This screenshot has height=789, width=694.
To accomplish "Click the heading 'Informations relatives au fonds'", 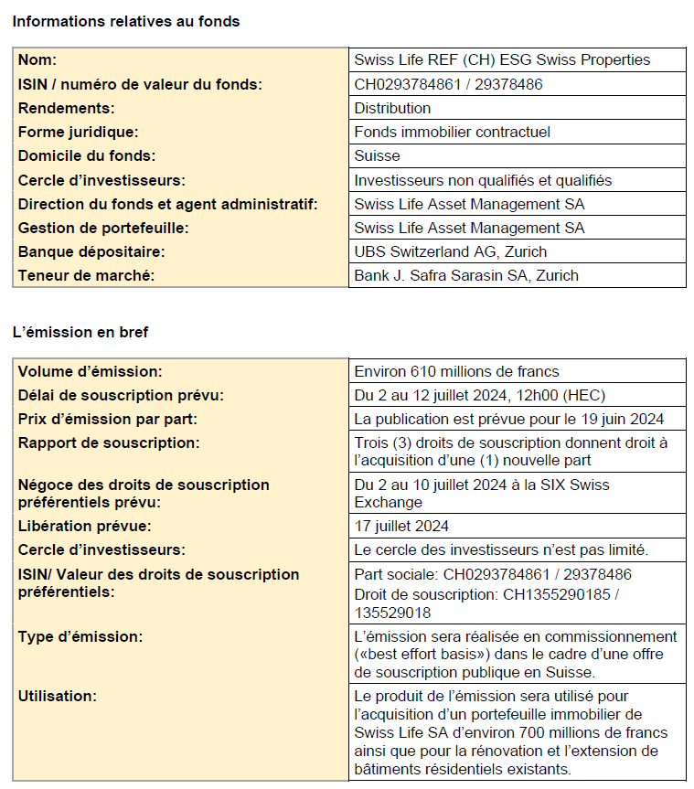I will point(126,21).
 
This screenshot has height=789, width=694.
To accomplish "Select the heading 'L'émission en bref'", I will point(80,332).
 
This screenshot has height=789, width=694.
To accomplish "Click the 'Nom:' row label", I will point(37,60).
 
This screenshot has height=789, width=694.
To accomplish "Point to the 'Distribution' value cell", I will point(392,108).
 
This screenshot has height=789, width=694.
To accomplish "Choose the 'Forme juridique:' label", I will point(79,132).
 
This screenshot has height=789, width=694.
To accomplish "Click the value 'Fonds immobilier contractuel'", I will point(452,132).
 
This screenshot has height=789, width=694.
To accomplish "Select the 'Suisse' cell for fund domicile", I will point(377,155).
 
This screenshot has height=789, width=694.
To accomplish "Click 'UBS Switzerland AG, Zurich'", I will point(451,251).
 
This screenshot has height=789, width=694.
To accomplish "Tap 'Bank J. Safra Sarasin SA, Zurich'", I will point(465,275).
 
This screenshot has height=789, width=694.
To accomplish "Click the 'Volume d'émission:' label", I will point(90,371).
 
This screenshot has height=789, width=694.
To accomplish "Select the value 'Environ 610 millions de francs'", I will point(456,371).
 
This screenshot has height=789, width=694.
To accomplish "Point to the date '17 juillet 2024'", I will point(401,526).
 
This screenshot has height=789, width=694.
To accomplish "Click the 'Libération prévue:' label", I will point(84,526).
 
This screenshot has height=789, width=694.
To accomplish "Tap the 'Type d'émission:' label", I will point(80,636).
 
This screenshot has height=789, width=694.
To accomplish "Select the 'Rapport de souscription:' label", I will point(109,442).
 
